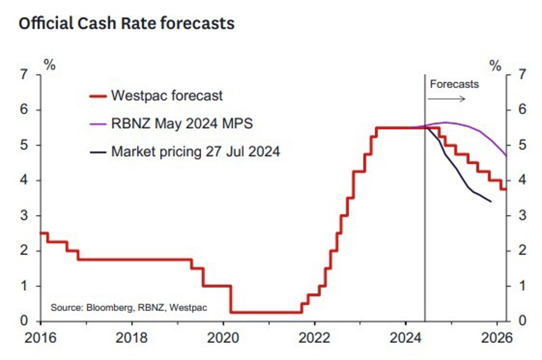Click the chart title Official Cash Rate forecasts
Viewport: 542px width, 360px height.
click(127, 24)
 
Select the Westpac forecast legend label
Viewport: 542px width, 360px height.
click(167, 96)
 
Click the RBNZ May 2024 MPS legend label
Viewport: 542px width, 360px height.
click(182, 123)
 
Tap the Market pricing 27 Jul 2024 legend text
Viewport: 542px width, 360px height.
click(195, 151)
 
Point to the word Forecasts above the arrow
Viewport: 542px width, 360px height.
click(454, 84)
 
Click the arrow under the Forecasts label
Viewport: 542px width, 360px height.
click(447, 99)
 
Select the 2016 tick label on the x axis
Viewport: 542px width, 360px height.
click(41, 337)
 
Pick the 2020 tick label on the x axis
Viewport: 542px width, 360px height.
click(223, 337)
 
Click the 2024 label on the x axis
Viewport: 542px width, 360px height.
click(406, 337)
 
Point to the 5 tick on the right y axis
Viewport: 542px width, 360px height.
click(521, 145)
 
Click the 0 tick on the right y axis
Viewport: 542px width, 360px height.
click(521, 321)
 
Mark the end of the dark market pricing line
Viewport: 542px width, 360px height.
click(491, 201)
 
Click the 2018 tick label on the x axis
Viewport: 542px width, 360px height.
click(132, 337)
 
